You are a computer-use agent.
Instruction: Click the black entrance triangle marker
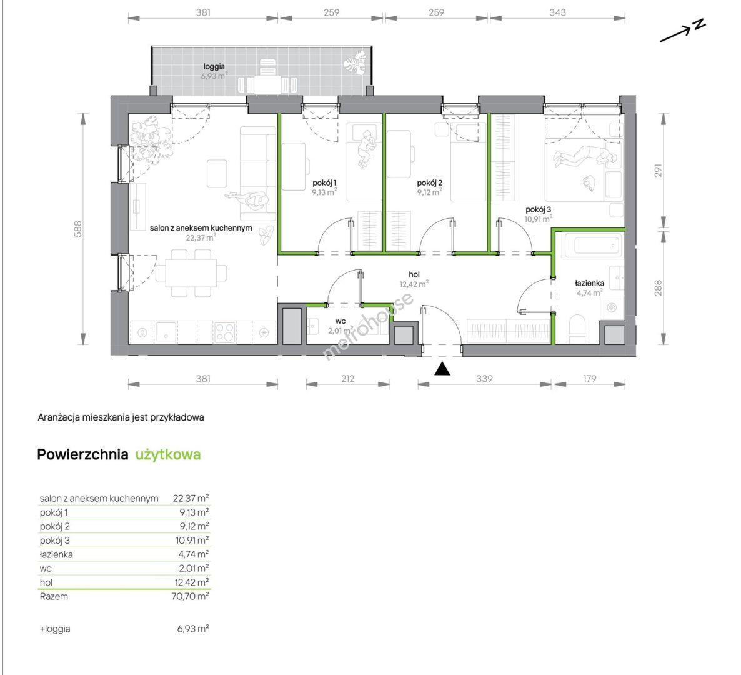(x=442, y=369)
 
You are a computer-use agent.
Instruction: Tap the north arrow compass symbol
(x=683, y=31)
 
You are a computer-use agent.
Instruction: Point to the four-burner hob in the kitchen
(x=224, y=332)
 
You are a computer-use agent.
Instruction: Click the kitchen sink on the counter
(x=166, y=332)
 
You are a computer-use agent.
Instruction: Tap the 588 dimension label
(x=78, y=229)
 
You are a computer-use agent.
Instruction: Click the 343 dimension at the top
(x=558, y=12)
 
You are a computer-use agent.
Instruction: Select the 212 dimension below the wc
(x=348, y=379)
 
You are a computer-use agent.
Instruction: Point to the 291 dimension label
(x=659, y=171)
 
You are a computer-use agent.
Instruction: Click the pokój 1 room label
(x=324, y=183)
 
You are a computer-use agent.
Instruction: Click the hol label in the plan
(x=414, y=274)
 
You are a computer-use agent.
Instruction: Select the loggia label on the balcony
(x=214, y=67)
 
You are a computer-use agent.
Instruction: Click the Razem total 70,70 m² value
(x=190, y=596)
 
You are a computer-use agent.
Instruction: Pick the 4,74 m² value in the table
(x=194, y=554)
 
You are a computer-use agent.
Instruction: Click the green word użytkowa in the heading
(x=168, y=455)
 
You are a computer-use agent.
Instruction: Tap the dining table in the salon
(x=191, y=273)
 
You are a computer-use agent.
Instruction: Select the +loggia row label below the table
(x=55, y=629)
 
